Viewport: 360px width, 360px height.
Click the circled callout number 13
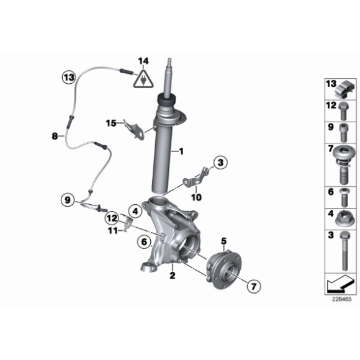[69, 78]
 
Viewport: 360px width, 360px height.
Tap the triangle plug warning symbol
[143, 79]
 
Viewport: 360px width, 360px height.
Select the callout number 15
[111, 124]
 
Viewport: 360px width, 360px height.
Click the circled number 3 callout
[220, 163]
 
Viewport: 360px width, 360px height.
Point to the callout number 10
[197, 197]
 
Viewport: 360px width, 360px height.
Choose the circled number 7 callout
[254, 286]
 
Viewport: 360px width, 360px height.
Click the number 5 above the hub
[223, 241]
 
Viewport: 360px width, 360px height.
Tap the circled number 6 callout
[144, 242]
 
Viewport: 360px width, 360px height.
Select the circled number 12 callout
[112, 218]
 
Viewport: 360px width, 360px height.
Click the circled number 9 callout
[68, 200]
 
